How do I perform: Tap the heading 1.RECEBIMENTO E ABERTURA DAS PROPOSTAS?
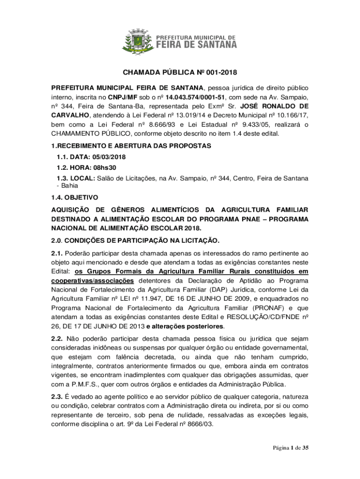tap(131, 146)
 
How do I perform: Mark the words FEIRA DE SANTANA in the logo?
tap(196, 44)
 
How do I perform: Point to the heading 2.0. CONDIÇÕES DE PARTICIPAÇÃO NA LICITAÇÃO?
tap(135, 241)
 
